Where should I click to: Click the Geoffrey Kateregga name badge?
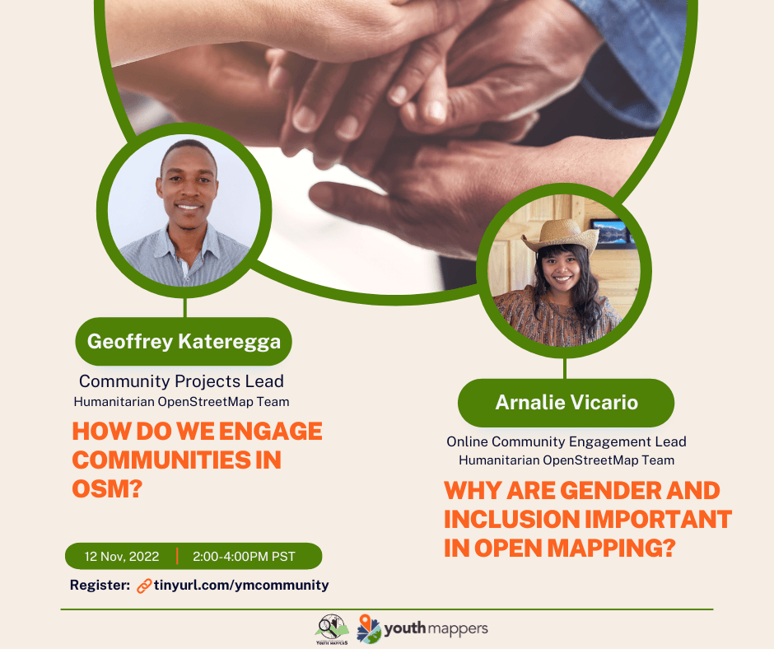coord(184,341)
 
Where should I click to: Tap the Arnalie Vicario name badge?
coord(567,403)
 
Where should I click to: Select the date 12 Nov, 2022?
coord(122,557)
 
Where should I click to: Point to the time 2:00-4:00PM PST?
coord(244,557)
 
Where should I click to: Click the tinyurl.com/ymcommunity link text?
coord(241,586)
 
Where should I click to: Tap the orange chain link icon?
coord(143,586)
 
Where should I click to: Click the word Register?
coord(100,586)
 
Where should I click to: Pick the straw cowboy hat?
coord(560,235)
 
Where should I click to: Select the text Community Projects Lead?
coord(181,381)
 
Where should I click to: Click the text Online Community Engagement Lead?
coord(567,441)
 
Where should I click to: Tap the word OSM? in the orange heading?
coord(107,489)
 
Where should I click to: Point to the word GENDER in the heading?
coord(609,490)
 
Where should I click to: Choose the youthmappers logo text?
coord(436,628)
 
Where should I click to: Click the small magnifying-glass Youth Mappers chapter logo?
coord(332,629)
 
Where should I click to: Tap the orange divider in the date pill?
coord(177,556)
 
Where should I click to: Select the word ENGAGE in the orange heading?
coord(271,432)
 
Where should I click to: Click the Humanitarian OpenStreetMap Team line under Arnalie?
coord(567,460)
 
